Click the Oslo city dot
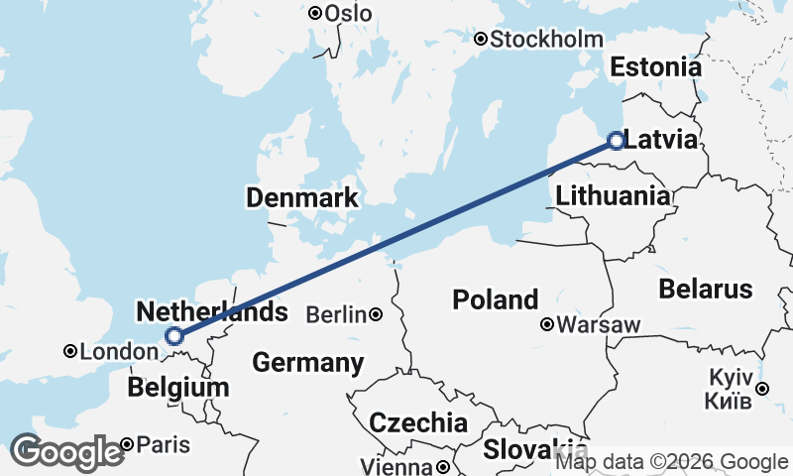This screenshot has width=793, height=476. click(315, 13)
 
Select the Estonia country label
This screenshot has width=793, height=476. click(655, 67)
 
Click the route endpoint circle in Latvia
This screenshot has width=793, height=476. click(616, 141)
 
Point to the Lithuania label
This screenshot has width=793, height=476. click(612, 195)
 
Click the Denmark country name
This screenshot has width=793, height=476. click(302, 198)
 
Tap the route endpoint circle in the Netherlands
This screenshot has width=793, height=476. click(174, 336)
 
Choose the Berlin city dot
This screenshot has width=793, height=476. click(376, 315)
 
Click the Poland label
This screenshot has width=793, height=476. click(496, 298)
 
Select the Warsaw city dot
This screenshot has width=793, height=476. click(546, 324)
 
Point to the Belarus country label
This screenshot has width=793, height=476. click(706, 290)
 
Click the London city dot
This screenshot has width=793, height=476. click(70, 351)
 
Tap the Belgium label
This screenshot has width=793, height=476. click(179, 387)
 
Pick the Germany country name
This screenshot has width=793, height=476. click(307, 363)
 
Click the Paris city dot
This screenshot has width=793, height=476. click(128, 444)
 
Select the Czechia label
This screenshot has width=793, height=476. click(418, 423)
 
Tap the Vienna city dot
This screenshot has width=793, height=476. click(443, 466)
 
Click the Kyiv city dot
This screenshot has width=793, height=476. click(761, 388)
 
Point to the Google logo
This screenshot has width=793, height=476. click(66, 452)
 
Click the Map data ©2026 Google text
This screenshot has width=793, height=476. click(671, 461)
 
